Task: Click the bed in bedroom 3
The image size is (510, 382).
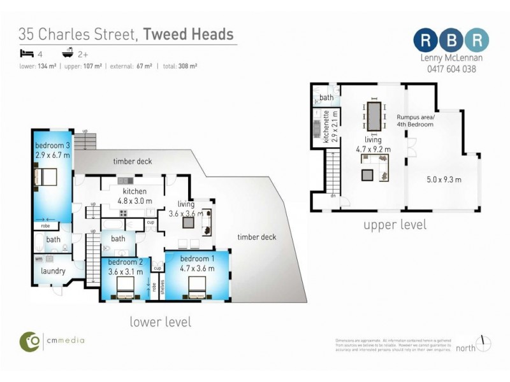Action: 46,176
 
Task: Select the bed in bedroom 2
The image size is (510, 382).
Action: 123,290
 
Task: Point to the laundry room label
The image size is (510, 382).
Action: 53,271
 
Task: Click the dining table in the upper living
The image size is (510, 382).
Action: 374,118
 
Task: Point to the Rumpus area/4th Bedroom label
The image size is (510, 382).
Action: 415,121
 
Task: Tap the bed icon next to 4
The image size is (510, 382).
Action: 25,53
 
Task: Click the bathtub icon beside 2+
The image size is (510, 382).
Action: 66,53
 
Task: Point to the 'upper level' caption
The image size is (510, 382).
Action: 395,225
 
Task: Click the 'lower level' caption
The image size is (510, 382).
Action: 160,322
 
